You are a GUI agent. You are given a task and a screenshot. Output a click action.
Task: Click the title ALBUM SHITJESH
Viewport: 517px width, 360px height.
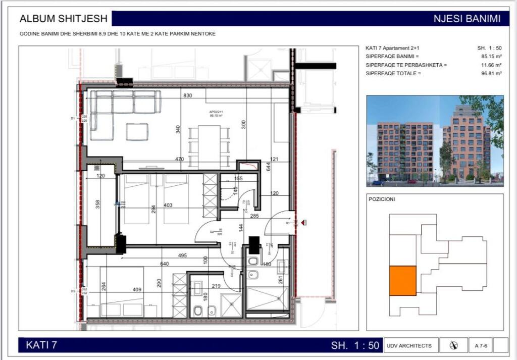click(63, 19)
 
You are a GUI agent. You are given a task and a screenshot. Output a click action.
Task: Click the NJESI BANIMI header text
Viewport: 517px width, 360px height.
click(467, 19)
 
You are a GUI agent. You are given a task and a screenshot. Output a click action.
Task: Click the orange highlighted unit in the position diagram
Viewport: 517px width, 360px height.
click(402, 281)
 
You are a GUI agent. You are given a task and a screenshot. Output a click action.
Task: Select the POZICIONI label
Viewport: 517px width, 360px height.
click(382, 199)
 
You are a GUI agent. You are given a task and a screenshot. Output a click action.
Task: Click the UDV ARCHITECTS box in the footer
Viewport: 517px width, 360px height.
click(409, 345)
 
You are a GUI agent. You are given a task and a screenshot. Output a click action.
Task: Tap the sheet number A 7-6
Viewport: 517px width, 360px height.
click(480, 345)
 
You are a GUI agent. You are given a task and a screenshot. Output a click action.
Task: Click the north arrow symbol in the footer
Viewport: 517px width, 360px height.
click(453, 345)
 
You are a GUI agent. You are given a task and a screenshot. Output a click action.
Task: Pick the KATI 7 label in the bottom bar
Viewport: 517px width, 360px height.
click(41, 345)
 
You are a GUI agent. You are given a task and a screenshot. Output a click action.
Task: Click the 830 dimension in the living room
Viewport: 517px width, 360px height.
click(188, 95)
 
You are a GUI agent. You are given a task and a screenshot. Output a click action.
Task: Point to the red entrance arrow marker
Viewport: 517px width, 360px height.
click(304, 222)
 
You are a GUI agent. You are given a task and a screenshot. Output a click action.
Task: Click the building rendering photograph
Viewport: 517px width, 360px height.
click(435, 141)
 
